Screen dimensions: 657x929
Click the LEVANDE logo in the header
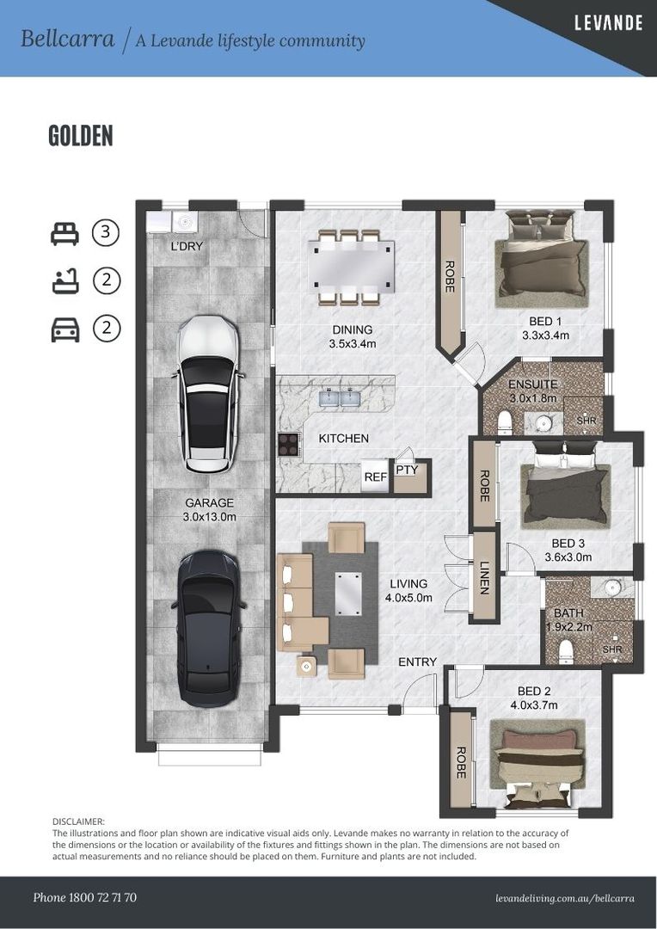click(609, 23)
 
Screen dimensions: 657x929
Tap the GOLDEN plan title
click(81, 136)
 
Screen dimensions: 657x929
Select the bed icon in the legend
click(64, 233)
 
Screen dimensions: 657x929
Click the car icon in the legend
click(65, 329)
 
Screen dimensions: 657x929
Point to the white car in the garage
click(208, 393)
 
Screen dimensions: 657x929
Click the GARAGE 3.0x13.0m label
click(210, 509)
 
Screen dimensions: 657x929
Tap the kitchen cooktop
click(289, 444)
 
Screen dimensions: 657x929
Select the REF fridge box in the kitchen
click(376, 475)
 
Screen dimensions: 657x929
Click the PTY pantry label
click(407, 470)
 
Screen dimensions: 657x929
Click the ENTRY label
click(417, 661)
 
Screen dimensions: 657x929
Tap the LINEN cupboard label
click(485, 578)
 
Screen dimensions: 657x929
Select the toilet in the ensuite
click(505, 421)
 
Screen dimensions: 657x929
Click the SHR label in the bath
click(612, 649)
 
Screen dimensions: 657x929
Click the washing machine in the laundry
click(185, 222)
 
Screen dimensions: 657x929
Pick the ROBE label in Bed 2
click(461, 762)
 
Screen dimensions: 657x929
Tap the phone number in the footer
click(85, 897)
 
